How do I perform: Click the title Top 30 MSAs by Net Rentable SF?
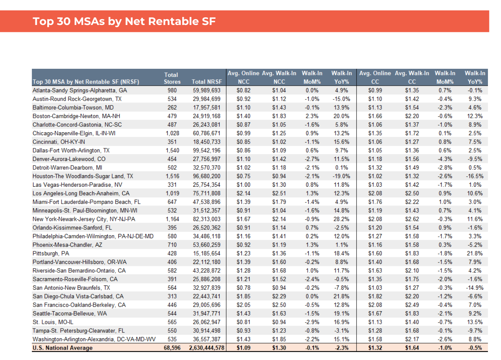(124, 21)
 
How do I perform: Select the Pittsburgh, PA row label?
(51, 254)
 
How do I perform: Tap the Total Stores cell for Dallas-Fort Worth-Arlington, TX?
(172, 151)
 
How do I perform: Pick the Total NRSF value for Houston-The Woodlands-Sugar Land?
(207, 176)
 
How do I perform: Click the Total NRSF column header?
(207, 82)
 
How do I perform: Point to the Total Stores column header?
(171, 78)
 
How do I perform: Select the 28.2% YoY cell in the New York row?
(341, 219)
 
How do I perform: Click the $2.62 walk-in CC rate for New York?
(412, 219)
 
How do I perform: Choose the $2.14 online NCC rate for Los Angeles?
(243, 194)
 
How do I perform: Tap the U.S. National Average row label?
(62, 348)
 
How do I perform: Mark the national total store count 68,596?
(171, 348)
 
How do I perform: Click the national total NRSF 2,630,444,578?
(206, 348)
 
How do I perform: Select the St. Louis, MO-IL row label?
(53, 322)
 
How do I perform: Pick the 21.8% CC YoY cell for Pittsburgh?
(474, 254)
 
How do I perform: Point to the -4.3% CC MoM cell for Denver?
(444, 159)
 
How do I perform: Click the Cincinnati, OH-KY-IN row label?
(58, 142)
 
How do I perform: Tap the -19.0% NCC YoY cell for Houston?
(341, 176)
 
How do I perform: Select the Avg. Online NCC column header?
(243, 77)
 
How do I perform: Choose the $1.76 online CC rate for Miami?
(375, 202)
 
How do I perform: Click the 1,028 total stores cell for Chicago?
(172, 133)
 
